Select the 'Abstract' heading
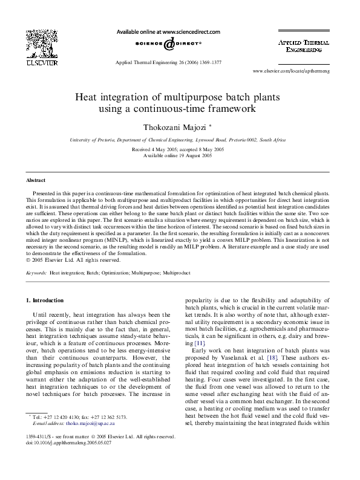[x=36, y=180]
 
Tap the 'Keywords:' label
[x=36, y=273]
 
